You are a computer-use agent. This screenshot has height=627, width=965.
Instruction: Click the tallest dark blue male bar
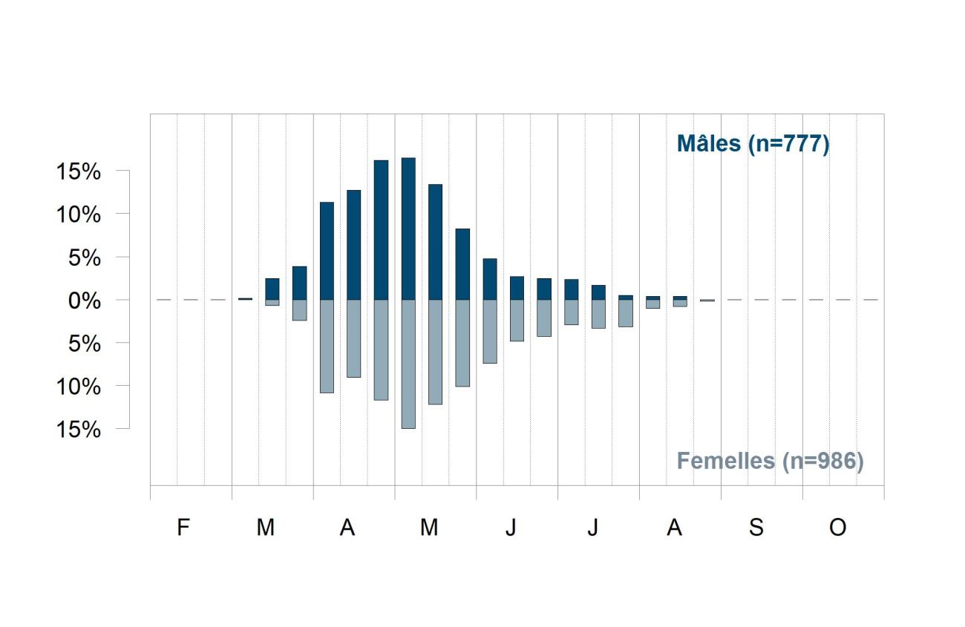click(x=408, y=229)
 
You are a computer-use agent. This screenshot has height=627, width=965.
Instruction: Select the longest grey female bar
click(x=408, y=364)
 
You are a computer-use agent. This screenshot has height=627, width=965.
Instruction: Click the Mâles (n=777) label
click(x=753, y=144)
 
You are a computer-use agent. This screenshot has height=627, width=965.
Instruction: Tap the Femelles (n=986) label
click(x=771, y=462)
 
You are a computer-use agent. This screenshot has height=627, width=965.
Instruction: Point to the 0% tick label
click(x=85, y=301)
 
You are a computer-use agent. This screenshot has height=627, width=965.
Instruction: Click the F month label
click(x=183, y=527)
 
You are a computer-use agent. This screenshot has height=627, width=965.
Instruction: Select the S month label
click(x=756, y=527)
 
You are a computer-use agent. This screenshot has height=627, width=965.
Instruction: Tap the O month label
click(x=838, y=527)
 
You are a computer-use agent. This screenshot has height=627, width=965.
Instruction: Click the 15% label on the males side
click(x=79, y=171)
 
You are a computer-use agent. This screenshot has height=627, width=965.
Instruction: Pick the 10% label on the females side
click(x=79, y=387)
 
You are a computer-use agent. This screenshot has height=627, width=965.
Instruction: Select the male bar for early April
click(x=327, y=251)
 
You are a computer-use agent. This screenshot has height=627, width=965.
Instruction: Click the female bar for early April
click(x=327, y=347)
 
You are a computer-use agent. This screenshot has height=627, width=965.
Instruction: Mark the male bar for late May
click(x=462, y=264)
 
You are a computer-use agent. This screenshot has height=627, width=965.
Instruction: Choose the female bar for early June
click(x=490, y=332)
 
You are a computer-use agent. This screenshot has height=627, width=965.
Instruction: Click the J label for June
click(x=511, y=527)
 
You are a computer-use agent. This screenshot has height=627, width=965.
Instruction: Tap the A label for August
click(x=675, y=527)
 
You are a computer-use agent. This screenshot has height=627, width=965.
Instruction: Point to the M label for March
click(x=266, y=527)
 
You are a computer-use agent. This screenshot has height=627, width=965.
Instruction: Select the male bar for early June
click(x=490, y=279)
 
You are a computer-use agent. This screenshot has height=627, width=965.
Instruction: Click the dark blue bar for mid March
click(x=272, y=289)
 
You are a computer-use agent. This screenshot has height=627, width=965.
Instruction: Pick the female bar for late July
click(x=626, y=313)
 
